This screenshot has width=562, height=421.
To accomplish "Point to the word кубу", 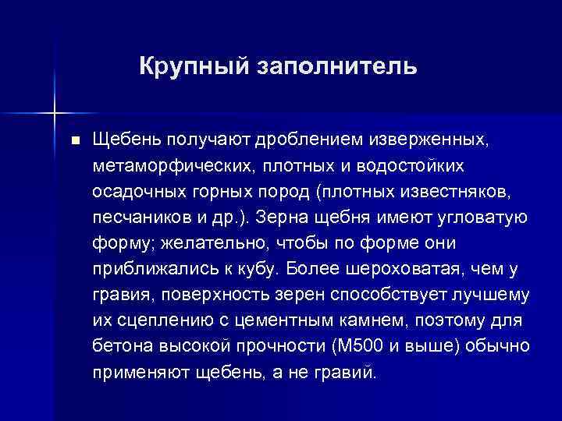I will click(x=254, y=269).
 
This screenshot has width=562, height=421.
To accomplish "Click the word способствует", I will click(x=362, y=295).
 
